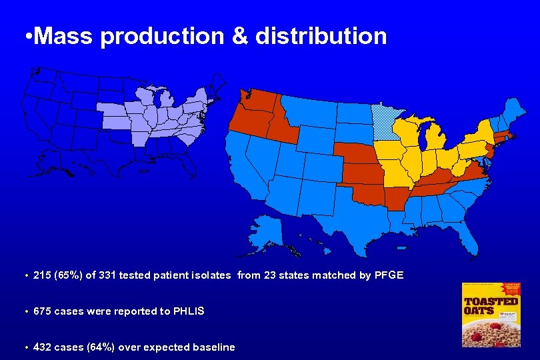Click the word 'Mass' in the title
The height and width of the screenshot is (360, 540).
click(x=64, y=36)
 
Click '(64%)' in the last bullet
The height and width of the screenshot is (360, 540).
click(x=98, y=347)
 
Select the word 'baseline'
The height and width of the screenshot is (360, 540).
click(x=213, y=347)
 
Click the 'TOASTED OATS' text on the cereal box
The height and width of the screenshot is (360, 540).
click(x=491, y=306)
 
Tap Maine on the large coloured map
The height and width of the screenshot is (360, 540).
click(x=514, y=111)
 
